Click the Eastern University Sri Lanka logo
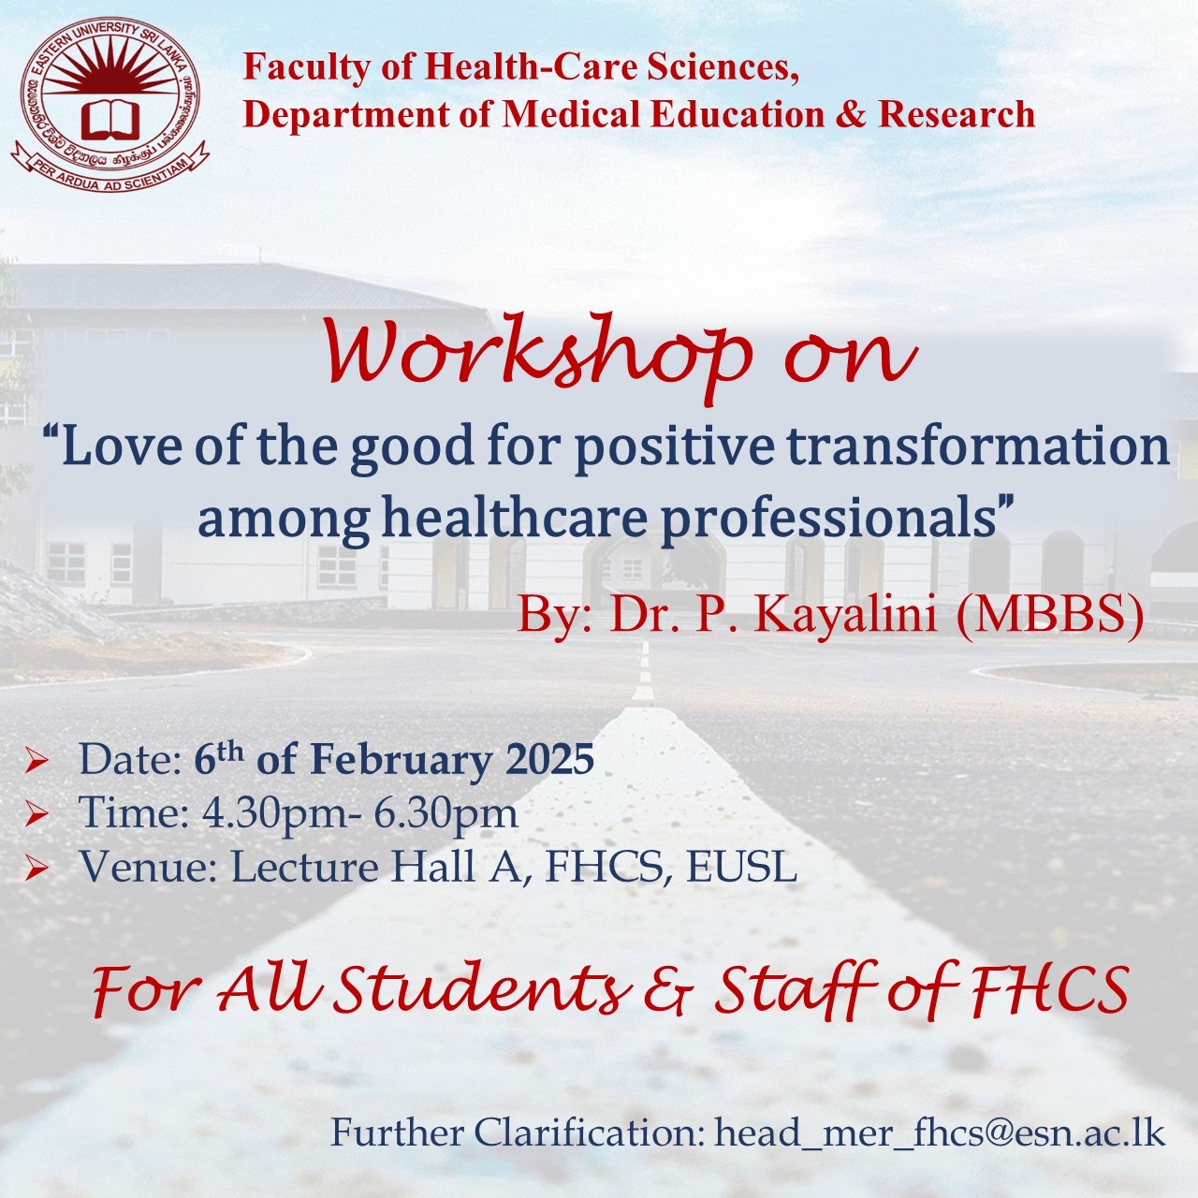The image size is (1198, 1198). pyautogui.click(x=110, y=103)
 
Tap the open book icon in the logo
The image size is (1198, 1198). pyautogui.click(x=110, y=119)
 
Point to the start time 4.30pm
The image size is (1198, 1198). pyautogui.click(x=276, y=815)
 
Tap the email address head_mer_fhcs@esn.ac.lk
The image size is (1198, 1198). pyautogui.click(x=940, y=1133)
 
